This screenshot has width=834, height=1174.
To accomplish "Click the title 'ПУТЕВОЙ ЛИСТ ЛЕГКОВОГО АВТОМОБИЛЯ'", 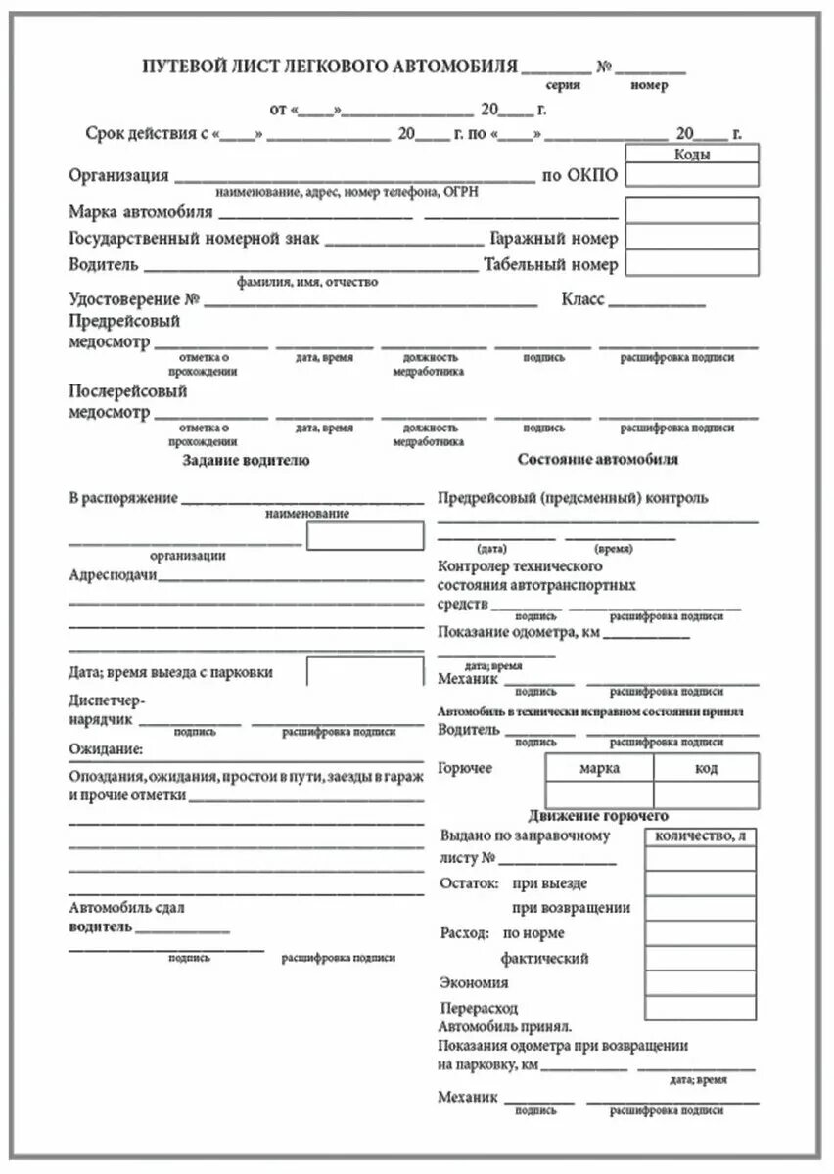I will (x=330, y=67).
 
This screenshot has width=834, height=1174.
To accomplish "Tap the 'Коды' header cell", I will (x=692, y=154).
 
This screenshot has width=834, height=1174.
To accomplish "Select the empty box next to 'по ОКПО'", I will (x=692, y=174).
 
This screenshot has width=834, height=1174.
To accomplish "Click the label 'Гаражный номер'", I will (x=553, y=239).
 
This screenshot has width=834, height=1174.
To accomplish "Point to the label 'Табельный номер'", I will (x=550, y=264).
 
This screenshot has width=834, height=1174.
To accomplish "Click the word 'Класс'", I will (x=582, y=299).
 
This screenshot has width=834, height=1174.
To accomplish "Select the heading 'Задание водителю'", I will (x=246, y=460).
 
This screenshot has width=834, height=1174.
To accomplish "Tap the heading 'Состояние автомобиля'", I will (x=597, y=459).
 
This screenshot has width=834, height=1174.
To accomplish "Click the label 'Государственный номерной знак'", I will (x=193, y=239).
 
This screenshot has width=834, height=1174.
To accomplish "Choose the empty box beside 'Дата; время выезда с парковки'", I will (x=365, y=672).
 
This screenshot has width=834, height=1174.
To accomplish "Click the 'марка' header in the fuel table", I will (x=599, y=768).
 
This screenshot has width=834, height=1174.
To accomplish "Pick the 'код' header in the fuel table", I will (x=706, y=768).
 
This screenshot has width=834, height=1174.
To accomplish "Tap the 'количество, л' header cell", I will (x=700, y=835).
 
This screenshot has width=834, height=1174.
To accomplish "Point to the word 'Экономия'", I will (x=474, y=982).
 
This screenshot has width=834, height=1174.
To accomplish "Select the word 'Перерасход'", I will (x=479, y=1008).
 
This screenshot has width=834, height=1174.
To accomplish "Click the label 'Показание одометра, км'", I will (x=518, y=632).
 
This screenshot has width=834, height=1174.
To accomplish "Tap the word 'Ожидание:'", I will (x=106, y=749).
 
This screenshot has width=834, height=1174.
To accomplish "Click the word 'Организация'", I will (x=118, y=176).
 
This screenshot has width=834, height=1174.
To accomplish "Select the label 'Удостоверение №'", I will (x=134, y=299).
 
